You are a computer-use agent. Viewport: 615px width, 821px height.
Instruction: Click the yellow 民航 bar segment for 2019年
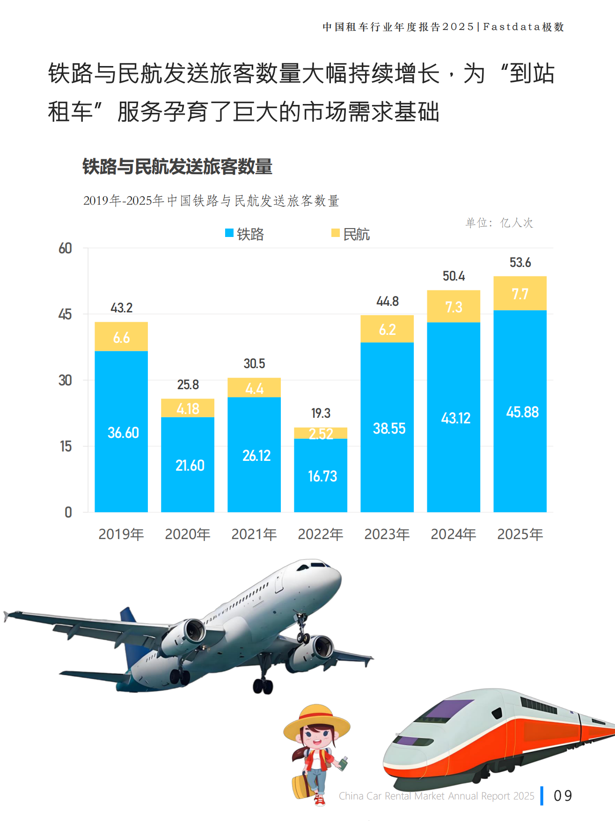pos(121,337)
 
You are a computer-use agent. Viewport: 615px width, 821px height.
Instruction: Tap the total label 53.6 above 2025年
pos(520,263)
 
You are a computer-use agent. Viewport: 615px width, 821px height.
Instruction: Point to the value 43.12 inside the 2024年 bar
pos(455,418)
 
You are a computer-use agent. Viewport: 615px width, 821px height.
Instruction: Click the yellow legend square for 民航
pos(335,233)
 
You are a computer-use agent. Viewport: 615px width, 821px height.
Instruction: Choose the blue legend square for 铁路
pos(229,233)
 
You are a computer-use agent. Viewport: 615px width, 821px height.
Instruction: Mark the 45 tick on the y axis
pos(65,314)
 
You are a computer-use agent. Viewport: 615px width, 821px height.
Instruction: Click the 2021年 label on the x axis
pos(254,534)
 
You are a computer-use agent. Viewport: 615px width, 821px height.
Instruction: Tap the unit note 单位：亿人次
pos(499,223)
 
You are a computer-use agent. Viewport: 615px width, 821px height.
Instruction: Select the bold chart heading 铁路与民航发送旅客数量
pos(177,167)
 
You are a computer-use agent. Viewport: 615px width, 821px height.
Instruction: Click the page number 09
pos(563,796)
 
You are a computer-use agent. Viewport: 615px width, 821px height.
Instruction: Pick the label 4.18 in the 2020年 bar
pos(188,409)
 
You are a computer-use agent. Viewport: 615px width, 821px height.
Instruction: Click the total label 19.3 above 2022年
pos(321,413)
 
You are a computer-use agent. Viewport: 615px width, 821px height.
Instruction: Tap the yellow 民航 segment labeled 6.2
pos(387,329)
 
